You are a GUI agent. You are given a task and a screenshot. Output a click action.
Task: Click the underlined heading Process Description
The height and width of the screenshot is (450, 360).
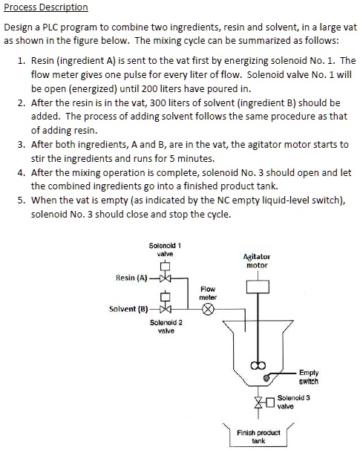(x=46, y=7)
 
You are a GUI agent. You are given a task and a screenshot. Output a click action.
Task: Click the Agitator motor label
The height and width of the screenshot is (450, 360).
(x=256, y=261)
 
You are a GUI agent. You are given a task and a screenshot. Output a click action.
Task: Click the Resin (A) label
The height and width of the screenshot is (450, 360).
(x=131, y=278)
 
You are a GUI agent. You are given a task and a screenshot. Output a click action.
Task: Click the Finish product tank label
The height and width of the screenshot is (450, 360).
(x=258, y=436)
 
